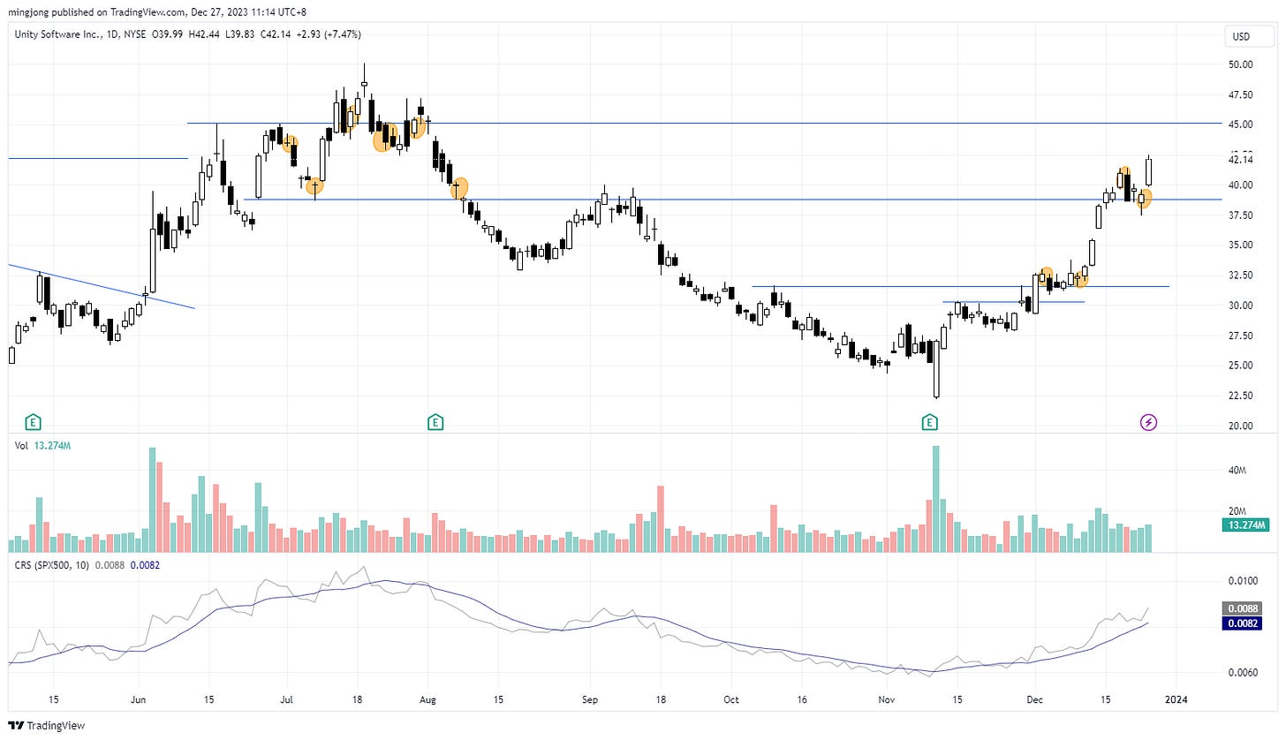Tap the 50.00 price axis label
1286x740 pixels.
pos(1241,64)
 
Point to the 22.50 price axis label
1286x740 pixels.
pos(1241,396)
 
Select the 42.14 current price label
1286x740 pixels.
pos(1241,160)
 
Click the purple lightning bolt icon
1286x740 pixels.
pos(1148,422)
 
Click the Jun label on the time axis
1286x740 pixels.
pos(138,698)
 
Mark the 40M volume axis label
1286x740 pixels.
pos(1241,471)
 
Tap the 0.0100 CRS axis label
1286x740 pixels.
pos(1241,581)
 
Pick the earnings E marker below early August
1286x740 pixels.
pos(435,422)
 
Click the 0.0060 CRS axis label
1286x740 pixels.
pos(1241,673)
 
